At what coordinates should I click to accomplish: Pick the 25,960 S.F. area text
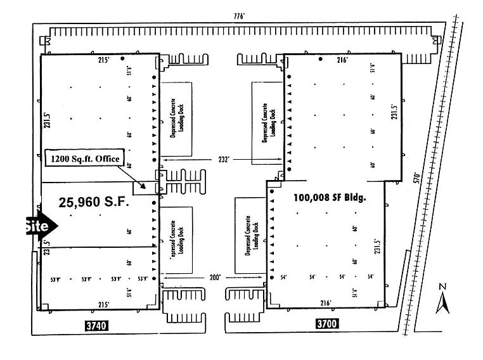click(x=93, y=203)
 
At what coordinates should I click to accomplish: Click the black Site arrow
click(x=40, y=226)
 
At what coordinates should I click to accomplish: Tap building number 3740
click(x=98, y=326)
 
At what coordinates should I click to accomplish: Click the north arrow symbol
click(x=443, y=302)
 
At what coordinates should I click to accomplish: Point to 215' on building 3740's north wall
click(x=104, y=60)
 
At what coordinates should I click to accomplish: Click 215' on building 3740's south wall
click(x=104, y=304)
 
